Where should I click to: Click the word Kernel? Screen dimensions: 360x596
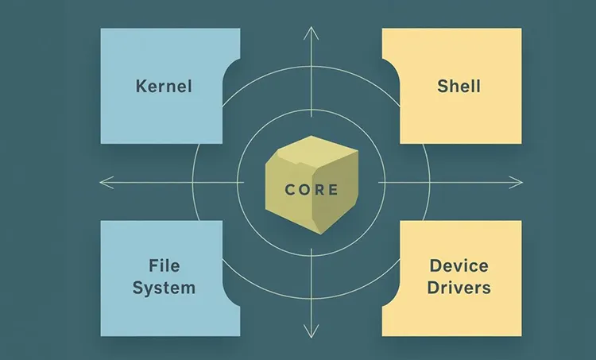(x=164, y=85)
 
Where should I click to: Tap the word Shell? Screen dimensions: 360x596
(x=459, y=85)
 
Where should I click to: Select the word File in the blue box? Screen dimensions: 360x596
(x=164, y=265)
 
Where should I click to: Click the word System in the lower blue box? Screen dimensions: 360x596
(x=164, y=287)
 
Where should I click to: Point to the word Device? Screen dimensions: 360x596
(x=459, y=265)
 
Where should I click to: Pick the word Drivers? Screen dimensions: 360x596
(x=459, y=287)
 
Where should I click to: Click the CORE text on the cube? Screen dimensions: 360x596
(x=312, y=190)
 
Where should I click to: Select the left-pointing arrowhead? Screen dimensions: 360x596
(x=103, y=181)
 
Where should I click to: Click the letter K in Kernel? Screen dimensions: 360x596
(x=141, y=85)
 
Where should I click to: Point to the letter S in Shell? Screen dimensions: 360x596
(x=442, y=85)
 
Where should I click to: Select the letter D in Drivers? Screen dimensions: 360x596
(x=433, y=287)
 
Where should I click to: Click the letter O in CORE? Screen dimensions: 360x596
(x=304, y=190)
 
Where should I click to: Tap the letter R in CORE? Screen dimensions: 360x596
(x=319, y=190)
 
